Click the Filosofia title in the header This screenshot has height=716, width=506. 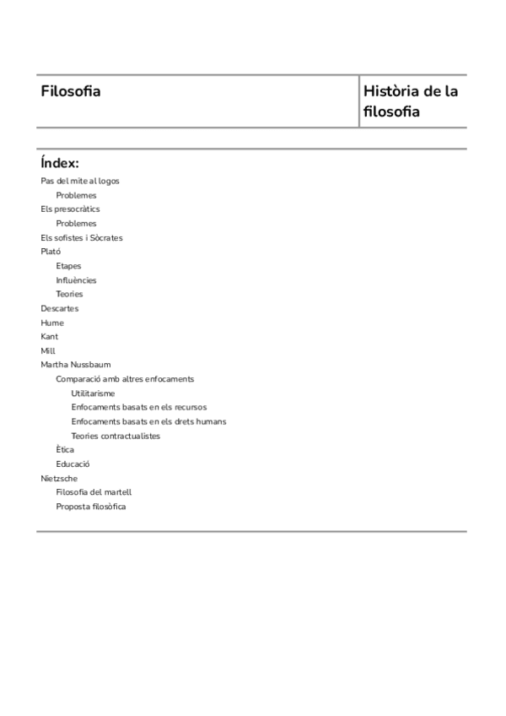pos(70,91)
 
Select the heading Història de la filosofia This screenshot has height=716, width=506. pos(410,101)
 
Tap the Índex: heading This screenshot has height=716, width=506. pos(59,163)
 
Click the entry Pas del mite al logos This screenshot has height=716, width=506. pos(80,181)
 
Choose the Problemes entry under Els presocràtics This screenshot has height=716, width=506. pos(76,224)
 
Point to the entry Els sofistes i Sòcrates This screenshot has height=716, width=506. pos(82,238)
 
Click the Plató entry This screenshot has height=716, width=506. pos(51,252)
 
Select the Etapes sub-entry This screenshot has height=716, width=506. pos(68,266)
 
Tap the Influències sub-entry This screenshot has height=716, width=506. pos(76,280)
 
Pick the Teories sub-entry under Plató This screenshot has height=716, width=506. pos(69,295)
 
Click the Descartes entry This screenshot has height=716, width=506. pos(59,309)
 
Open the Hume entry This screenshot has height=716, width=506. pos(52,323)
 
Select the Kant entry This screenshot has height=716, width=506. pos(50,337)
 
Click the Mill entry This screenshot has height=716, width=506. pos(47,351)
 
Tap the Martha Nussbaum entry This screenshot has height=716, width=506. pos(75,366)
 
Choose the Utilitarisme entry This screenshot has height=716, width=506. pos(93,393)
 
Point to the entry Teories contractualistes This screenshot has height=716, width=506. pos(116,437)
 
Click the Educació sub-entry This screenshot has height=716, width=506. pos(73,464)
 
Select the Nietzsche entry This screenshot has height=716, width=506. pos(59,479)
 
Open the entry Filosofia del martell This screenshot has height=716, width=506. pos(94,492)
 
